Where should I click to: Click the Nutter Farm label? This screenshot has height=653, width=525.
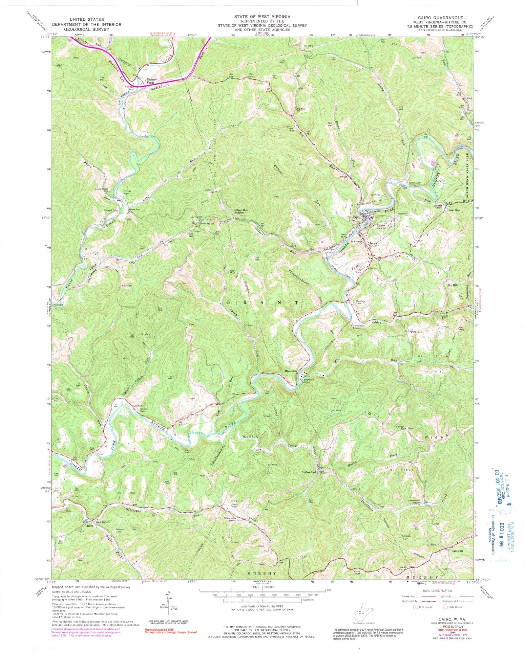151,81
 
